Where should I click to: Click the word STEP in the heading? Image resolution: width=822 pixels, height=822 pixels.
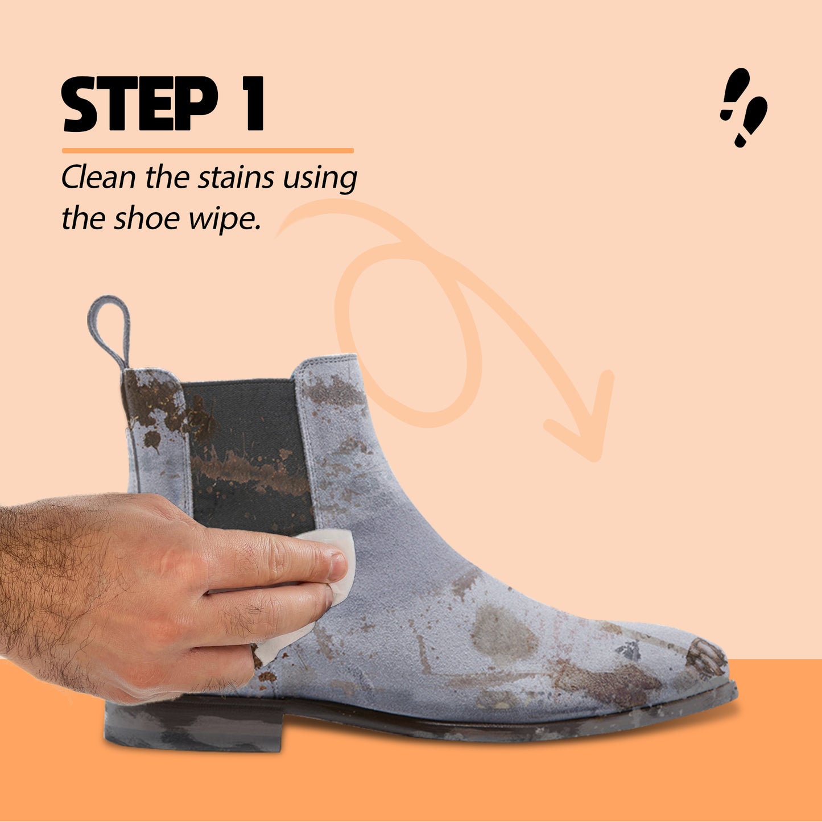tap(139, 104)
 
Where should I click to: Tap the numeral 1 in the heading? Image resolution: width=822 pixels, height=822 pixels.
tap(252, 104)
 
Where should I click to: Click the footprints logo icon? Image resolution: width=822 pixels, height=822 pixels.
tap(743, 108)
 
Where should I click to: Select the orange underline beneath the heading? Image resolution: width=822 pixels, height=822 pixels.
tap(208, 150)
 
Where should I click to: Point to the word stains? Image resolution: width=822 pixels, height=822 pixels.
tap(236, 177)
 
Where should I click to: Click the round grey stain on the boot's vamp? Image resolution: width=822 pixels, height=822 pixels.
tap(503, 634)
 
